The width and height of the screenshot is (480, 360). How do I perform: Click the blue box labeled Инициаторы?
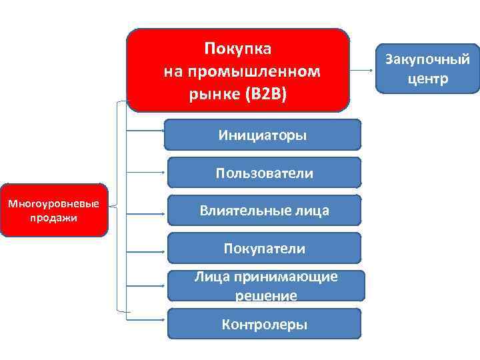coord(263,135)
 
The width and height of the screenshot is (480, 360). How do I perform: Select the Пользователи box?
coord(263,173)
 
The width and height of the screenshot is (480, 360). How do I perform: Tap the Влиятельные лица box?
coord(263,211)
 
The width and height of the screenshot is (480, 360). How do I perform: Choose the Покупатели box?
coord(263,249)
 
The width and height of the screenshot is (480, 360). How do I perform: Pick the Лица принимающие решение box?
coord(265,286)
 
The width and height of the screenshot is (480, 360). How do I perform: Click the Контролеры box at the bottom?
coord(263,325)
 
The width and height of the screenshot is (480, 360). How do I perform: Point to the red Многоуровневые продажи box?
coord(53,211)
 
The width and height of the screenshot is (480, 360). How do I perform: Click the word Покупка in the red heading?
coord(238,49)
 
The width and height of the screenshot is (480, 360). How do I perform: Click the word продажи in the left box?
coord(53,218)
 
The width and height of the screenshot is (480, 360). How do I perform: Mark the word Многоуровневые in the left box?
coord(53,203)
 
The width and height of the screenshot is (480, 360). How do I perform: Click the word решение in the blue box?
coord(265,295)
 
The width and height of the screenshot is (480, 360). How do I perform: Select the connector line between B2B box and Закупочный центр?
coord(363,69)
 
